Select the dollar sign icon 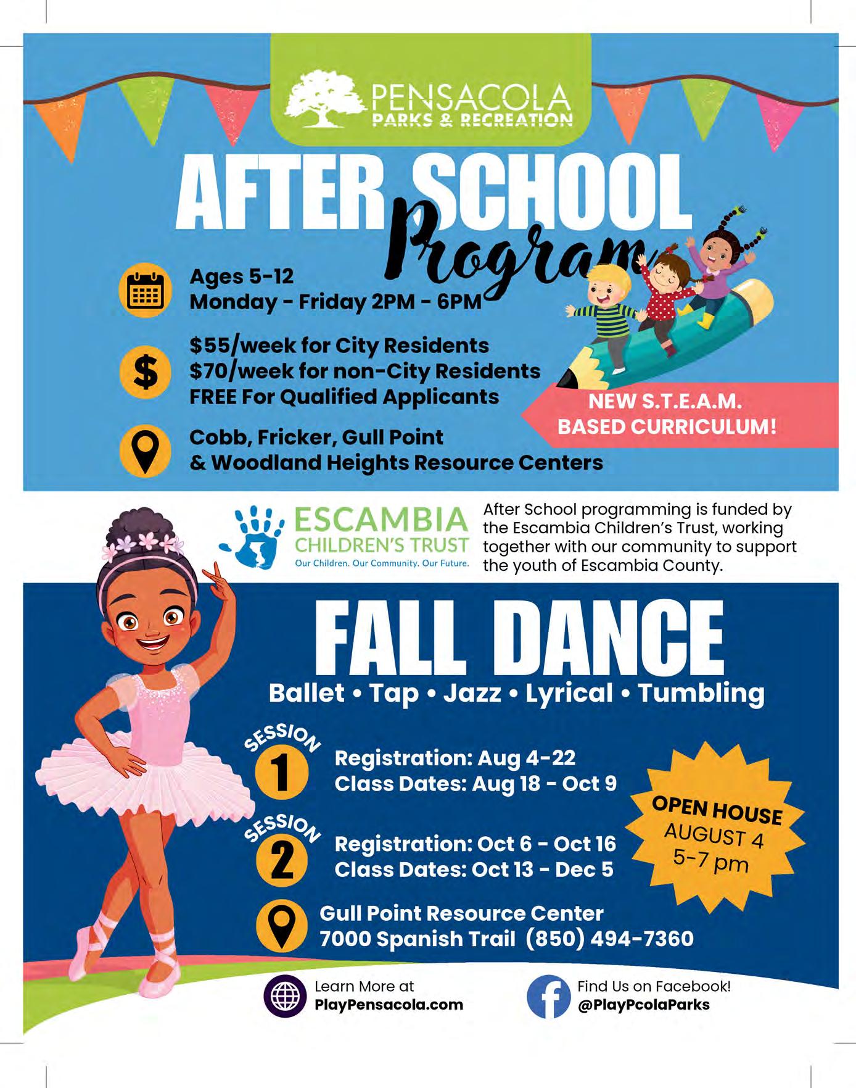point(145,372)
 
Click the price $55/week point(233,345)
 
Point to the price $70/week point(234,371)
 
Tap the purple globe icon point(285,996)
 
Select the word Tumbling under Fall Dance point(701,692)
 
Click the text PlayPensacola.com point(389,1005)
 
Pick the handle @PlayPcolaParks point(643,1005)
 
